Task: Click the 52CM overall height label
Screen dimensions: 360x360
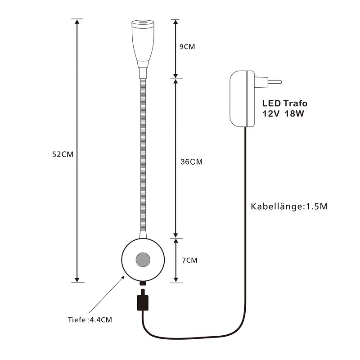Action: pyautogui.click(x=63, y=154)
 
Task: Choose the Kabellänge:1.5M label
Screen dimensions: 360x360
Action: pyautogui.click(x=288, y=207)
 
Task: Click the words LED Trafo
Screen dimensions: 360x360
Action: pyautogui.click(x=285, y=103)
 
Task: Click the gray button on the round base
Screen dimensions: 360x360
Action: pyautogui.click(x=143, y=260)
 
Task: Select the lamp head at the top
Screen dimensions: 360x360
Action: pyautogui.click(x=143, y=43)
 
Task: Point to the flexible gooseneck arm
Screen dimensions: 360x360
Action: pyautogui.click(x=143, y=157)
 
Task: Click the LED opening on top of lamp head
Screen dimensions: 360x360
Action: pyautogui.click(x=143, y=22)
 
